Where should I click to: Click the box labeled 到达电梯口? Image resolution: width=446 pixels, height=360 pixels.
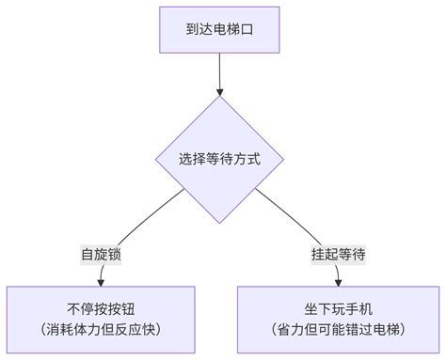click(219, 30)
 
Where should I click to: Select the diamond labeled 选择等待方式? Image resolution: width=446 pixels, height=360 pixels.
click(219, 159)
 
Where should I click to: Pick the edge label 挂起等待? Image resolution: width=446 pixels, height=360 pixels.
click(338, 254)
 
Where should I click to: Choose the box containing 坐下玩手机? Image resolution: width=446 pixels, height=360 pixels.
click(338, 319)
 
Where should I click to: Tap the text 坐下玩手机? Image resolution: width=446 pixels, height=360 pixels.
click(338, 308)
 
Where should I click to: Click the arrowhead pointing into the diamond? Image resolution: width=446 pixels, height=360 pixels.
click(219, 93)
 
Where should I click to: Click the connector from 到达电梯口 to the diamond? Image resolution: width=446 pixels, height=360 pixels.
click(219, 70)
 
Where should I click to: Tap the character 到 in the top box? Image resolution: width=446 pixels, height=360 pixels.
click(190, 30)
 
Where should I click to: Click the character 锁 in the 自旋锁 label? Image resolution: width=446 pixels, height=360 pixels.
click(115, 254)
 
